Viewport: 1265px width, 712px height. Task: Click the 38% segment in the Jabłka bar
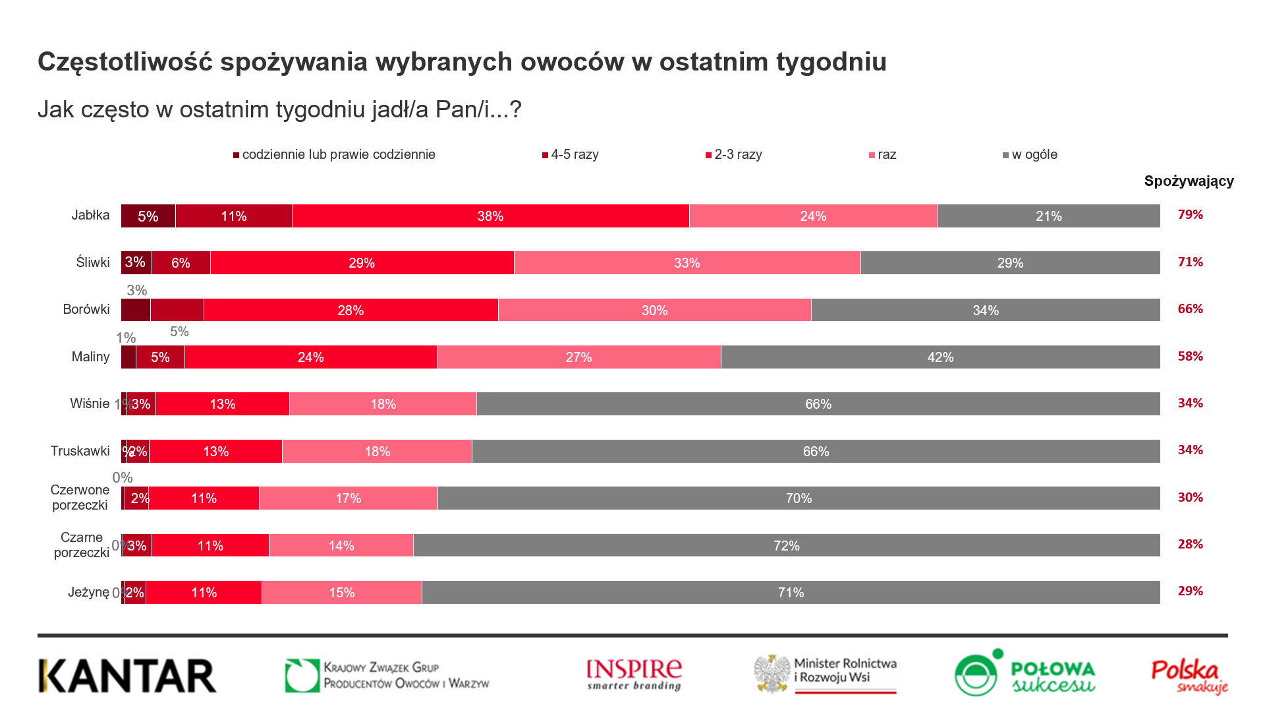pos(490,216)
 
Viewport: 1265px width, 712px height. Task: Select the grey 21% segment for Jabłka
pos(1048,216)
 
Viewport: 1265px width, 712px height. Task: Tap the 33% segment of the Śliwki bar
pos(687,263)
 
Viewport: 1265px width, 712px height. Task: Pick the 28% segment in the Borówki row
pos(351,311)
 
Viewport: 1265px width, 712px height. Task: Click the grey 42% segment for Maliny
pos(940,357)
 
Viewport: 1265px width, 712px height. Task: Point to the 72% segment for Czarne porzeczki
pos(786,546)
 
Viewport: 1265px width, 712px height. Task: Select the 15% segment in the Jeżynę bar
pos(341,593)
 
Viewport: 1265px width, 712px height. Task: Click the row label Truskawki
pos(80,451)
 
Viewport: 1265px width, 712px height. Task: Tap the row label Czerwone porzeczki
pos(80,498)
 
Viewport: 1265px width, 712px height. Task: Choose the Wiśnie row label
pos(90,403)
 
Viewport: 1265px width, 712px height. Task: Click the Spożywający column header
pos(1189,181)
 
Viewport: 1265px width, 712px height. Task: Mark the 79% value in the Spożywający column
pos(1190,215)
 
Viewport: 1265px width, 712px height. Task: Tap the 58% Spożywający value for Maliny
pos(1190,357)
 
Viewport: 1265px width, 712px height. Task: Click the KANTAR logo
pos(128,676)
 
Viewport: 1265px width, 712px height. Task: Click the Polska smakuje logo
pos(1189,676)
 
